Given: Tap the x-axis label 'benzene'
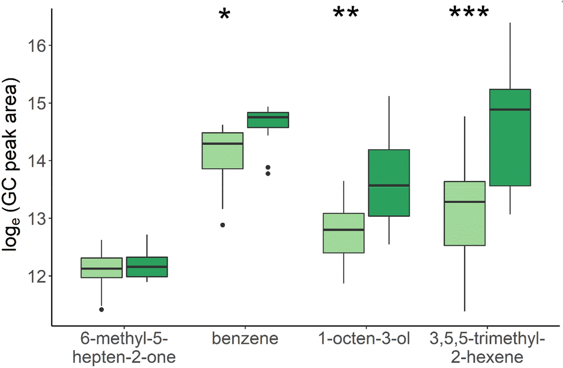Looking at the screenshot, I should pyautogui.click(x=245, y=339).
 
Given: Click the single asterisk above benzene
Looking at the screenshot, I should pyautogui.click(x=224, y=15).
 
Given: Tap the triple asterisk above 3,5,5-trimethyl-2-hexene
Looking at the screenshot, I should pyautogui.click(x=469, y=13).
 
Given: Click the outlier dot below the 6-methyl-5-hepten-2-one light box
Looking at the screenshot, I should pyautogui.click(x=102, y=310).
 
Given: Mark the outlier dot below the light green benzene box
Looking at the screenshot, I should pyautogui.click(x=223, y=225).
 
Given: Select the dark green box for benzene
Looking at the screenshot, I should pyautogui.click(x=268, y=120).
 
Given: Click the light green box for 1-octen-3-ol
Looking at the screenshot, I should pyautogui.click(x=343, y=233).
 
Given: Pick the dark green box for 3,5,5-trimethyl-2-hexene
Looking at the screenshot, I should pyautogui.click(x=510, y=137).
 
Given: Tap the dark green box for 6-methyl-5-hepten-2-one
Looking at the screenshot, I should pyautogui.click(x=147, y=267).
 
